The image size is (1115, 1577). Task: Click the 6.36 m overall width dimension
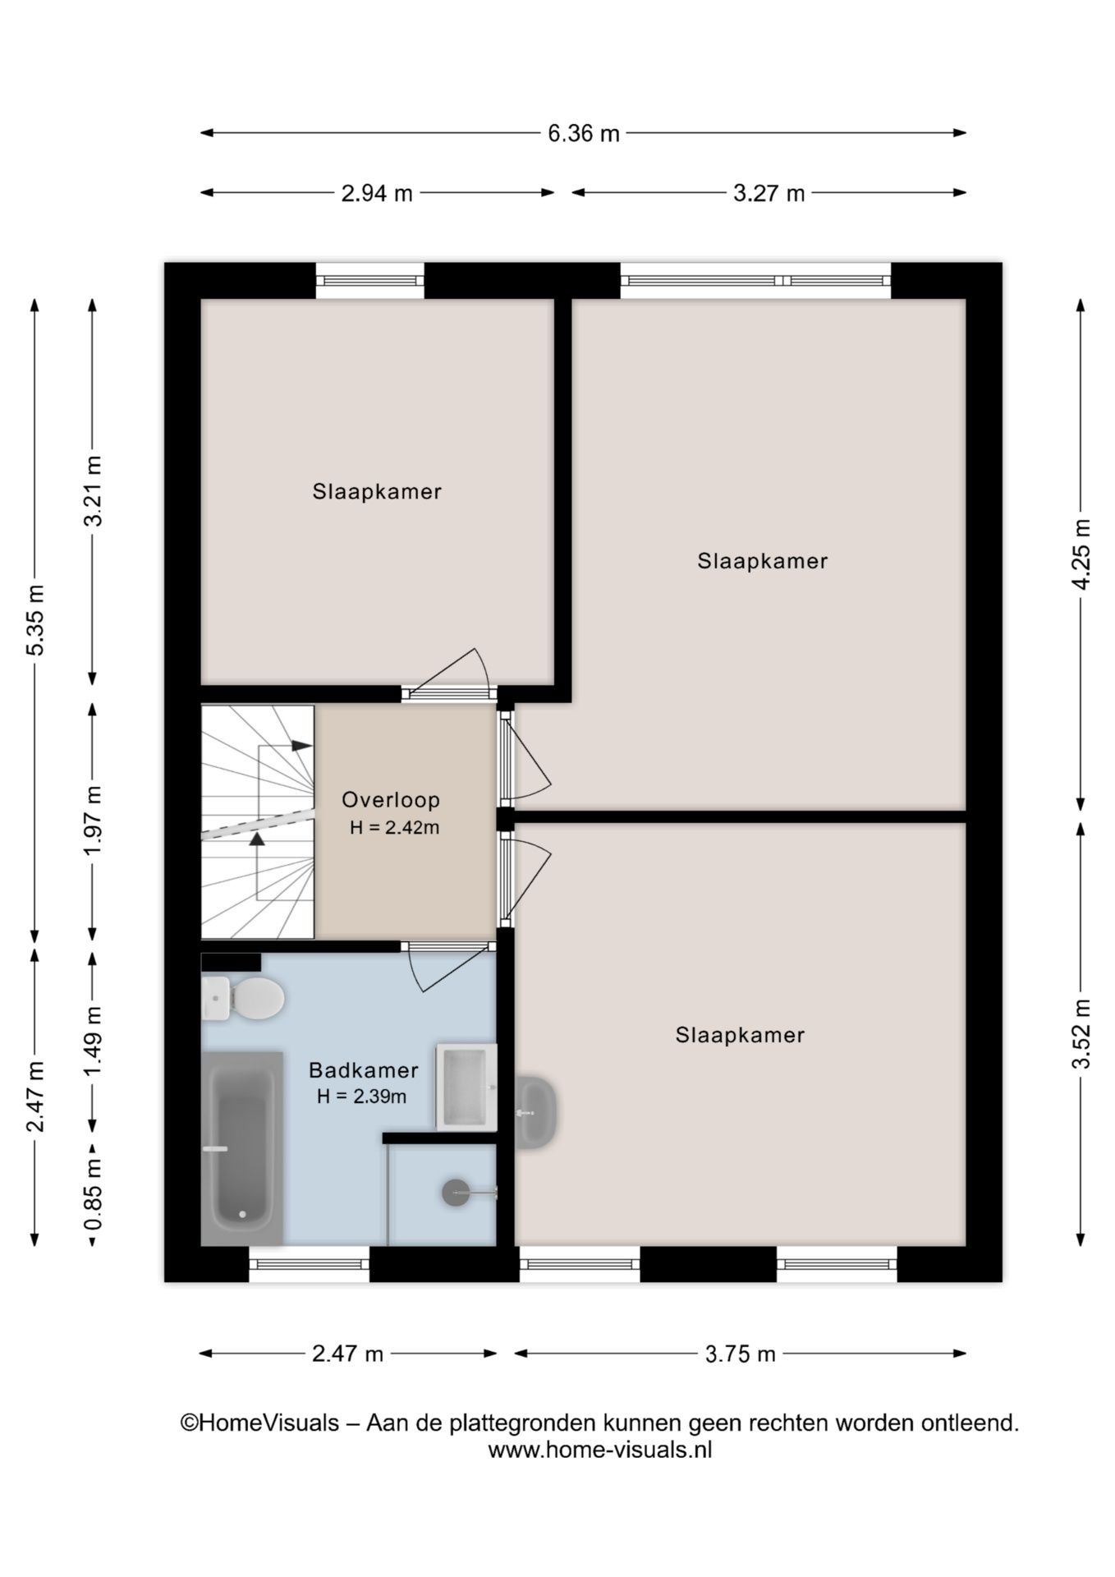click(x=583, y=133)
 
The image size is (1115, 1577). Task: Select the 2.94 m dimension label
click(x=377, y=194)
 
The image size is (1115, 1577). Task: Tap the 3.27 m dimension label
click(x=769, y=194)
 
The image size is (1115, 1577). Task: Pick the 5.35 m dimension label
click(x=35, y=620)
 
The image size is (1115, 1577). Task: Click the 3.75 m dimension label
click(x=740, y=1354)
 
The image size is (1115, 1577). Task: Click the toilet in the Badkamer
click(x=245, y=999)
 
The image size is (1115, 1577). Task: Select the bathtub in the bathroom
click(x=242, y=1147)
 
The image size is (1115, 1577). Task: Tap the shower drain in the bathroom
click(x=456, y=1193)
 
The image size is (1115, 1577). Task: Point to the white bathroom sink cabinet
click(x=466, y=1087)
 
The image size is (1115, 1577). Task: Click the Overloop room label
click(x=391, y=799)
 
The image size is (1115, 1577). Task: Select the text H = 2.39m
click(x=362, y=1097)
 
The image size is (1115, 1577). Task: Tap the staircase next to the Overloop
click(x=257, y=821)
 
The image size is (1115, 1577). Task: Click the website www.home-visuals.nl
click(x=599, y=1451)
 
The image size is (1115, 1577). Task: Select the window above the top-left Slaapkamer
click(x=369, y=281)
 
